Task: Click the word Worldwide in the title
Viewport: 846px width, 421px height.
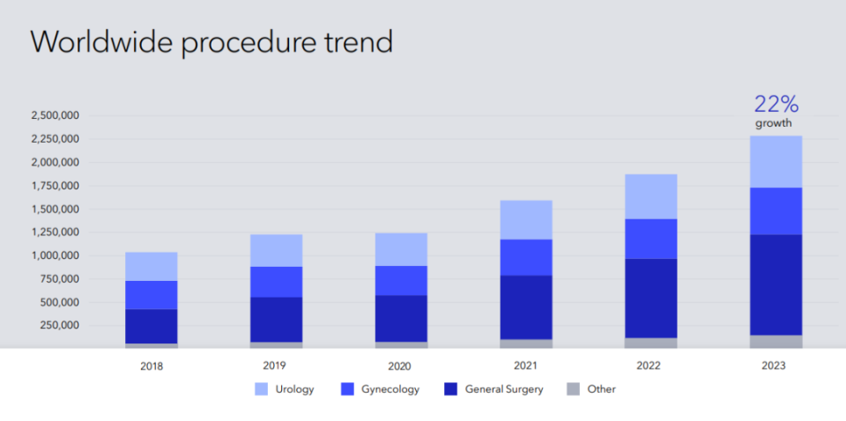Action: coord(102,41)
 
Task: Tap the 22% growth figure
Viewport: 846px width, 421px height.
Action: coord(775,104)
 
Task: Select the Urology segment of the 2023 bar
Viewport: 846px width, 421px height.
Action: coord(775,162)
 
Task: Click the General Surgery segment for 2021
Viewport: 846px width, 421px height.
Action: coord(525,307)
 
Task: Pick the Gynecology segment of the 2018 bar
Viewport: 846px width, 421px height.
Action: coord(151,295)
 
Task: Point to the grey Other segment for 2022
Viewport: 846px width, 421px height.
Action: coord(650,343)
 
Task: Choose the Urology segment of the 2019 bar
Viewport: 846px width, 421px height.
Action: coord(276,251)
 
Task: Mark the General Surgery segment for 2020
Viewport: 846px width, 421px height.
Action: coord(402,319)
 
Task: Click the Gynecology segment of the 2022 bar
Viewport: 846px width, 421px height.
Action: coord(650,239)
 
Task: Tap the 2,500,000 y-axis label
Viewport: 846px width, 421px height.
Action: coord(56,115)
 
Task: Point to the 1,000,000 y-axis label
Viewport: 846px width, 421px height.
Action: coord(56,255)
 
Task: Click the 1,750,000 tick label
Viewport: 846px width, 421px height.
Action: coord(56,186)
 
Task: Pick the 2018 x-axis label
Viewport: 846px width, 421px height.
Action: coord(151,366)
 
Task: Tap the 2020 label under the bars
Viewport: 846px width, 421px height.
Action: coord(399,366)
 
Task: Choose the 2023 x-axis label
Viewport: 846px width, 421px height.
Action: coord(774,366)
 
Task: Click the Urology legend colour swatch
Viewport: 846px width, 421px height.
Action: coord(261,388)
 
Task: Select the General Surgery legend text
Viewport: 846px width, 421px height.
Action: coord(504,389)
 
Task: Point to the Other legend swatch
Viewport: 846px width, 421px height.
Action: coord(574,388)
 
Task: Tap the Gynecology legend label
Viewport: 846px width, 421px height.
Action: coord(390,389)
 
